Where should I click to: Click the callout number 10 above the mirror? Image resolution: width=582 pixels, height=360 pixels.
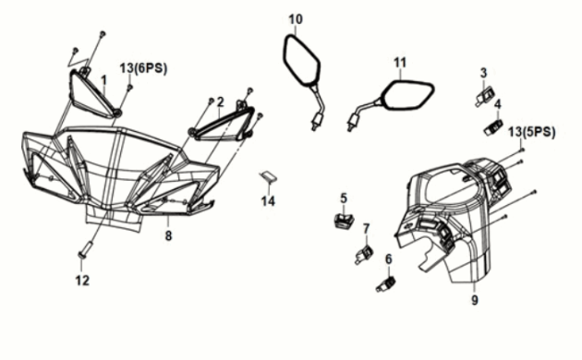[296, 19]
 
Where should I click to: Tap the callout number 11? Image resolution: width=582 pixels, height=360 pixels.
[400, 63]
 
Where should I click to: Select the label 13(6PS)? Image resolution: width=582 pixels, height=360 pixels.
[143, 68]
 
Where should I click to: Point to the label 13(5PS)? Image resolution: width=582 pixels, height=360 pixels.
[531, 132]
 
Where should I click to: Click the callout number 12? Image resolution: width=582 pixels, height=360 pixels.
[82, 281]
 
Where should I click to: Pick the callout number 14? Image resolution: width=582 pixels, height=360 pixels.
[268, 201]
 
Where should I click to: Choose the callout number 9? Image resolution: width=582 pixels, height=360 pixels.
[475, 300]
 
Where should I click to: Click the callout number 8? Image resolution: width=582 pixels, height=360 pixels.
[168, 235]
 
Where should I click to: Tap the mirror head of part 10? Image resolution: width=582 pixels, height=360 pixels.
[301, 58]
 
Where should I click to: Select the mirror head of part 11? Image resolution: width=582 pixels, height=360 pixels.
[406, 96]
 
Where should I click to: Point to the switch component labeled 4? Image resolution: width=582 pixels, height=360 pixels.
[493, 127]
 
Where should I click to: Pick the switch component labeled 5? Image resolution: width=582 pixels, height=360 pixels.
[344, 221]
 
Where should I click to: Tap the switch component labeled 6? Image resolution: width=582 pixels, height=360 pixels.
[386, 284]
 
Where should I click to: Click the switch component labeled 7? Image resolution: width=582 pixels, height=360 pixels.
[364, 255]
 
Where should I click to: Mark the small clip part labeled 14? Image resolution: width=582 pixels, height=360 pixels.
[268, 177]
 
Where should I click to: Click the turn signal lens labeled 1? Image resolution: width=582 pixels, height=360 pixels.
[92, 93]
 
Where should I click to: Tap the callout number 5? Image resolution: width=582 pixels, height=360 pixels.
[344, 198]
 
